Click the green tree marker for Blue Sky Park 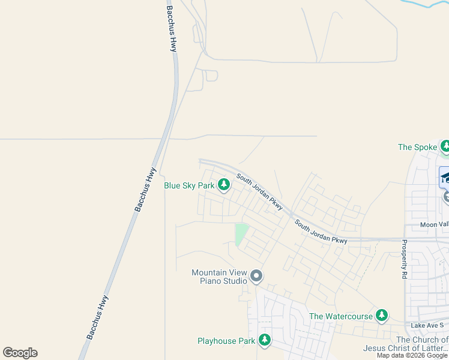224,185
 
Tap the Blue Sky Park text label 189,186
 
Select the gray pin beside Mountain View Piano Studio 256,277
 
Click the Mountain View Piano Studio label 219,277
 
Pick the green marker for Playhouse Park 265,340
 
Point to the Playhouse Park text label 226,341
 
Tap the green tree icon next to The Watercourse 382,315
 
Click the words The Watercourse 340,316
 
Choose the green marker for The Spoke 445,146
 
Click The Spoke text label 417,147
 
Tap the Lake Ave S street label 427,325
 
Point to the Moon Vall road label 434,224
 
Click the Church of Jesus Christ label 405,344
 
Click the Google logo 20,353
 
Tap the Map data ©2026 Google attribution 412,355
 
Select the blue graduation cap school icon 445,177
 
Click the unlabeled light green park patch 241,234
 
